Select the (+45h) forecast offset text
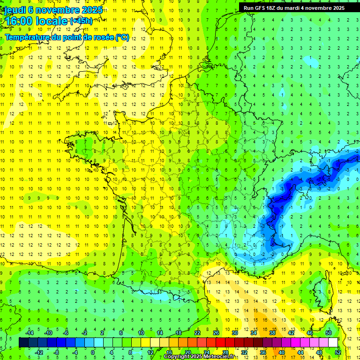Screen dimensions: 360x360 click(x=81, y=21)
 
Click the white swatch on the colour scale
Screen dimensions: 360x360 click(x=333, y=343)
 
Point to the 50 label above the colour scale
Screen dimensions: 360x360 click(x=328, y=333)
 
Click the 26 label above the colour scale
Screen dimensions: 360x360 click(x=216, y=333)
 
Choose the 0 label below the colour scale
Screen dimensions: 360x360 click(x=93, y=352)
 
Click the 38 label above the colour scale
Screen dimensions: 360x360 click(x=272, y=333)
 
